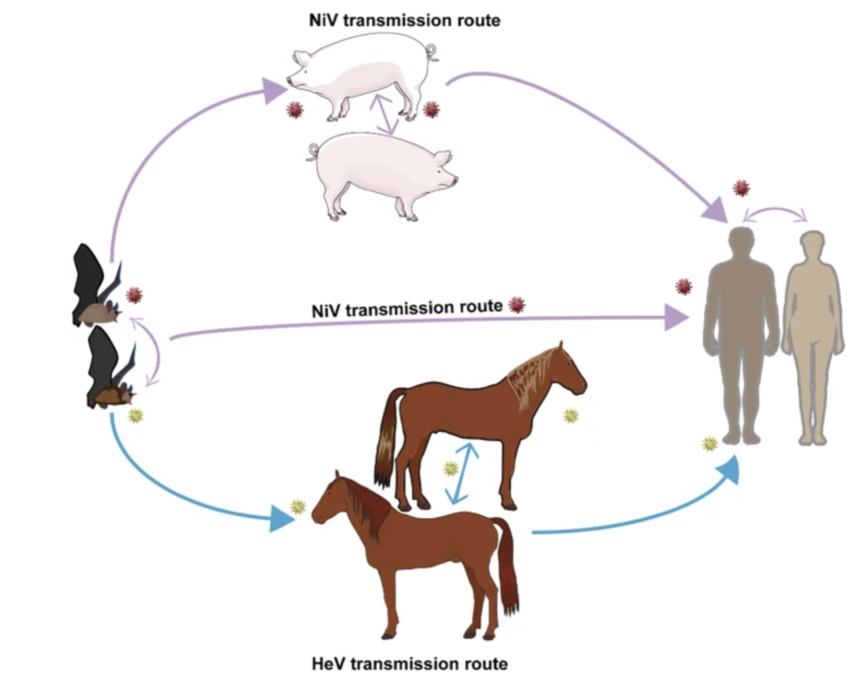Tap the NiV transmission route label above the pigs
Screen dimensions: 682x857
tap(405, 21)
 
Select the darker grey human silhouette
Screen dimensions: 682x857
tap(740, 333)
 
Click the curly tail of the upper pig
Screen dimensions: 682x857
tap(431, 53)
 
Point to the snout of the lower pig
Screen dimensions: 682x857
tap(453, 180)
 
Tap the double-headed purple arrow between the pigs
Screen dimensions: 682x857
tap(387, 114)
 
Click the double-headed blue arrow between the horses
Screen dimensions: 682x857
tap(462, 473)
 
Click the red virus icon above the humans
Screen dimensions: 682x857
tap(741, 188)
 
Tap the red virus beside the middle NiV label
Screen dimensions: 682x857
tap(517, 305)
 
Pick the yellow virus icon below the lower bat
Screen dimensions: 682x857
tap(136, 414)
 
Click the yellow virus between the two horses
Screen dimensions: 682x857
tap(451, 468)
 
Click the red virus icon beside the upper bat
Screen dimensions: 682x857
tap(134, 295)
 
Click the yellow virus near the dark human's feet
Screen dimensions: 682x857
tap(710, 444)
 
